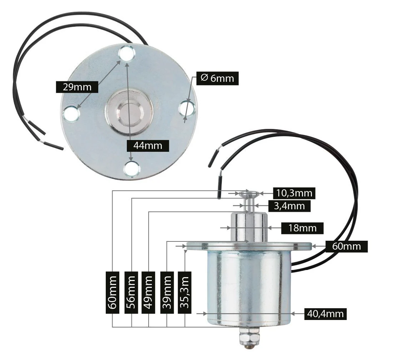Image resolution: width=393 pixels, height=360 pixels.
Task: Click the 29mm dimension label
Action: [77, 87]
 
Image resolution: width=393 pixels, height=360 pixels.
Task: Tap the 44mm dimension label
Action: [147, 145]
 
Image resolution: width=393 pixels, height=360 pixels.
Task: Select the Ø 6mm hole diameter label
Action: [217, 78]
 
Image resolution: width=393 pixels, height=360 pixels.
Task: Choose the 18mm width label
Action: [302, 228]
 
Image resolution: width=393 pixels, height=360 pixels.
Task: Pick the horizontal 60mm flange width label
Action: [346, 246]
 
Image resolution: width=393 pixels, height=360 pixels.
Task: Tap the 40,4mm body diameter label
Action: [325, 314]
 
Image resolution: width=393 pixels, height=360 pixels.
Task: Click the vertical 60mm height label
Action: [113, 292]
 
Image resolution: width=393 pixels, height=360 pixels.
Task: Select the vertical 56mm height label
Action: [131, 292]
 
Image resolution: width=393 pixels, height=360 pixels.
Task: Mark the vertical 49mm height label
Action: [148, 292]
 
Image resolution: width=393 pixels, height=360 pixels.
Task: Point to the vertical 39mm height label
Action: [167, 292]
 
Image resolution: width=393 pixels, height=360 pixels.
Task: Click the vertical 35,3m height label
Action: [185, 292]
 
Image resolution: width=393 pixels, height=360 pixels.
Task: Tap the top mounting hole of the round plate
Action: [127, 55]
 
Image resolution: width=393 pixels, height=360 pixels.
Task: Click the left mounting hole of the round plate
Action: [71, 114]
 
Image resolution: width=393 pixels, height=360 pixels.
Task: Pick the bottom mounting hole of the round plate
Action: [132, 169]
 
